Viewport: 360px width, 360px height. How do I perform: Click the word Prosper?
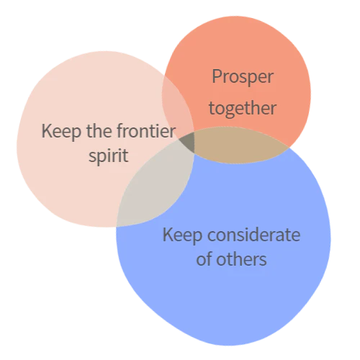pos(243,77)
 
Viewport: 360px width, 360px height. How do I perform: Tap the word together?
pos(243,109)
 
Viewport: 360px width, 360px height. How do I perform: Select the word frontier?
pos(146,131)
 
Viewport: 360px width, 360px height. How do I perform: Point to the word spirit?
pos(109,156)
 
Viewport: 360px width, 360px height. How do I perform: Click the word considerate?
pos(254,235)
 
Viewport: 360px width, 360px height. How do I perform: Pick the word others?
pos(241,259)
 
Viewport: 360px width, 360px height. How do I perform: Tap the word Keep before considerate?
pos(182,235)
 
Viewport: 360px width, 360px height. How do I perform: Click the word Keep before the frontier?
pos(61,132)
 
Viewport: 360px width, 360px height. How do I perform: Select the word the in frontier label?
pos(99,131)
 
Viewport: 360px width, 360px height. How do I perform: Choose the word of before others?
pos(204,259)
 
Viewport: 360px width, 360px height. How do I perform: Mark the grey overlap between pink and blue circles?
pos(156,185)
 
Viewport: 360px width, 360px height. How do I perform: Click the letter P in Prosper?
pos(217,76)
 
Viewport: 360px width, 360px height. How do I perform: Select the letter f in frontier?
pos(121,131)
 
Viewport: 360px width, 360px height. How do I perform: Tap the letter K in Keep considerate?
pos(168,235)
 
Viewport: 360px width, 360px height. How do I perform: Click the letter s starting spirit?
pos(92,156)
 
